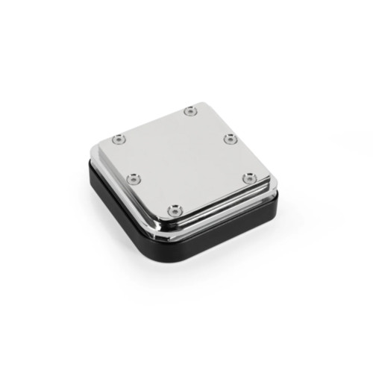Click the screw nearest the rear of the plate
(190, 111)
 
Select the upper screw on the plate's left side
(119, 138)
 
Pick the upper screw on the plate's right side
(230, 138)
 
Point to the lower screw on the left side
(133, 178)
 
